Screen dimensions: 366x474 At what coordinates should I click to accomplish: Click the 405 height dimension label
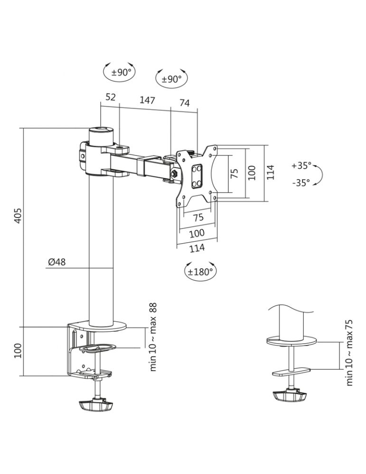pos(19,215)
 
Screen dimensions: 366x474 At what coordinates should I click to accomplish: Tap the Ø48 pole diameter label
pos(56,262)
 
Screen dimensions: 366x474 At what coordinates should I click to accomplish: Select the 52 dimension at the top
pos(111,97)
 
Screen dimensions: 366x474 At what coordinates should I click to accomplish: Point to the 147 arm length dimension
pos(148,100)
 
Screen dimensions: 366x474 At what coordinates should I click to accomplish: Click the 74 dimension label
pos(185,103)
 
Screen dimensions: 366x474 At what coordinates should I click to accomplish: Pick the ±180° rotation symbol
pos(200,271)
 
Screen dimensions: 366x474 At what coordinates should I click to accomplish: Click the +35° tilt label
pos(301,165)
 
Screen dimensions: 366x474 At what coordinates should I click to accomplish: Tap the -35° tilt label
pos(301,182)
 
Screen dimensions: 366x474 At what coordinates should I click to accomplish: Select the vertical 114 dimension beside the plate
pos(270,173)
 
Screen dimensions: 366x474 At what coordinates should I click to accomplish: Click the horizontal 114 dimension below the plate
pos(197,248)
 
